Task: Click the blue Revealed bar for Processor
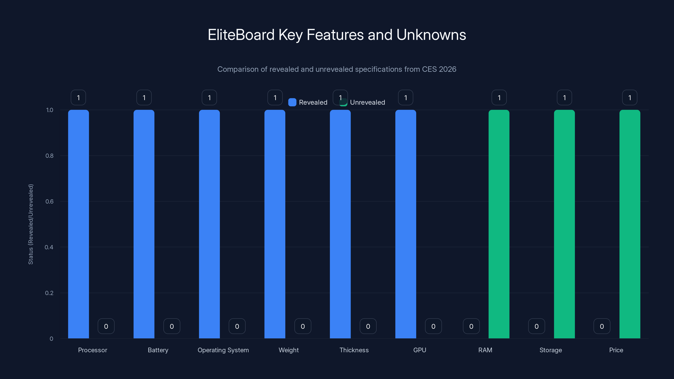[x=79, y=224]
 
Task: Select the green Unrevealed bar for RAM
[x=499, y=224]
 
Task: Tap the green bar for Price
[x=630, y=224]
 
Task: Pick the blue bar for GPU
[x=405, y=224]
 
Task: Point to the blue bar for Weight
[x=275, y=224]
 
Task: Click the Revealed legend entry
[x=308, y=102]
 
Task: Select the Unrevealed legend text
[x=367, y=102]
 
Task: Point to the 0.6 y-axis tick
[x=49, y=202]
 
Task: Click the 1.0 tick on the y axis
[x=49, y=110]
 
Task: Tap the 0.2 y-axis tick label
[x=49, y=293]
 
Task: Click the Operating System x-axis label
[x=223, y=350]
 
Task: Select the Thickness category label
[x=354, y=350]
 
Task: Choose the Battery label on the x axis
[x=158, y=350]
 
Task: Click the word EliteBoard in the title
[x=241, y=35]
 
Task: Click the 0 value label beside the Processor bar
[x=106, y=326]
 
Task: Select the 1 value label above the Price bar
[x=630, y=97]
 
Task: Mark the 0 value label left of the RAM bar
[x=471, y=326]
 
